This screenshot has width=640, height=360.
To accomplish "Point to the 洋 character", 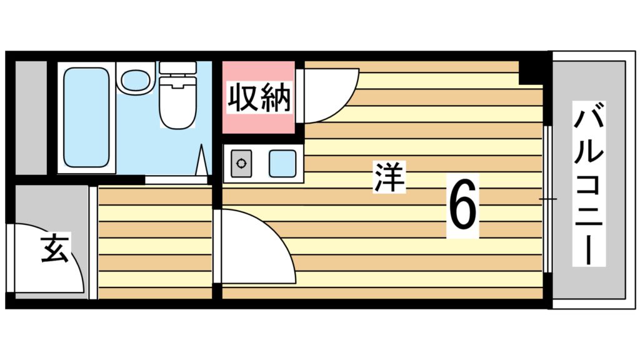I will pyautogui.click(x=389, y=177).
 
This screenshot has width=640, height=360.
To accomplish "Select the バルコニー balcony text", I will pyautogui.click(x=589, y=185).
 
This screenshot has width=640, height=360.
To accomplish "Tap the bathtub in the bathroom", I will pyautogui.click(x=86, y=117).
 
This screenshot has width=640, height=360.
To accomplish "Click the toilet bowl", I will pyautogui.click(x=177, y=106).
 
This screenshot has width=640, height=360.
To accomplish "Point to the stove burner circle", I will pyautogui.click(x=241, y=164).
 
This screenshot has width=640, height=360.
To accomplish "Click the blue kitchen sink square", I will pyautogui.click(x=282, y=164).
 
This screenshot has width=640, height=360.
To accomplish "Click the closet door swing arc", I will pyautogui.click(x=328, y=94).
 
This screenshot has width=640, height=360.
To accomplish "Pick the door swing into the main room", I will pyautogui.click(x=253, y=247).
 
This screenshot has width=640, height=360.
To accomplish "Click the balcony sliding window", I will pyautogui.click(x=547, y=199).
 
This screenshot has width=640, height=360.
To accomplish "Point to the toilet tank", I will pyautogui.click(x=177, y=67).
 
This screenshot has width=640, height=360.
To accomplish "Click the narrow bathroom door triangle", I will pyautogui.click(x=202, y=162).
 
